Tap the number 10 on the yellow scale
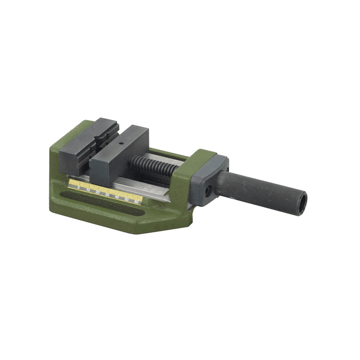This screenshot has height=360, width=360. point(88,189)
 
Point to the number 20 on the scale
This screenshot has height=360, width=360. point(98,192)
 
